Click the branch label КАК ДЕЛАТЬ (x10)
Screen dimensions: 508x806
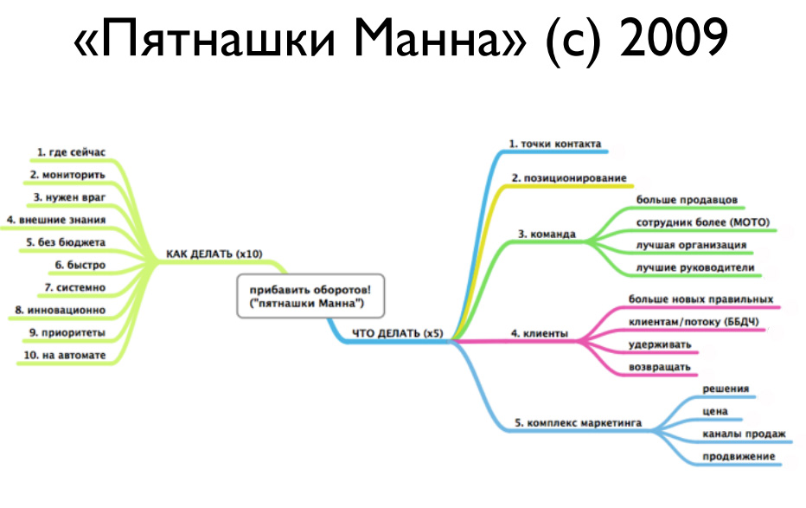pyautogui.click(x=214, y=254)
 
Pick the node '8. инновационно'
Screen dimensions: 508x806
pyautogui.click(x=61, y=309)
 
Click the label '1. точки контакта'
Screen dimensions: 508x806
pyautogui.click(x=554, y=143)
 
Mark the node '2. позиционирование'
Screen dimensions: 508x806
pyautogui.click(x=568, y=177)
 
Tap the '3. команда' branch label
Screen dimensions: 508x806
pyautogui.click(x=547, y=233)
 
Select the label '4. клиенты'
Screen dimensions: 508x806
pyautogui.click(x=539, y=331)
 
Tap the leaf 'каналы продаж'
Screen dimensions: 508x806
pyautogui.click(x=744, y=434)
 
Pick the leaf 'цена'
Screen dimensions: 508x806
pyautogui.click(x=715, y=411)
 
